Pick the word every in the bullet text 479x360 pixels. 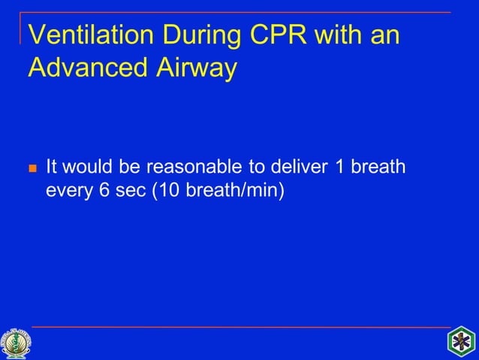click(x=68, y=191)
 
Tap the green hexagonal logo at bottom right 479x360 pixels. click(x=462, y=343)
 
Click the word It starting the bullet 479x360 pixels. click(x=53, y=166)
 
